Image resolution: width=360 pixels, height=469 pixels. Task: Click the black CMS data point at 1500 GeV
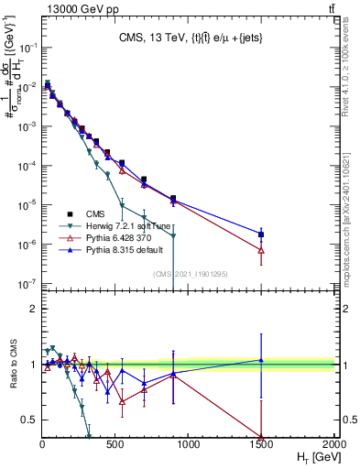pos(261,234)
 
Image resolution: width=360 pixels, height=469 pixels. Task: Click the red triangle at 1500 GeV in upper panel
pos(261,250)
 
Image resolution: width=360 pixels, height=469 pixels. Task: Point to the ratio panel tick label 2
pos(32,309)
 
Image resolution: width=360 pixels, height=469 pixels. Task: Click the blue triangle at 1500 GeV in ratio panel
pos(261,360)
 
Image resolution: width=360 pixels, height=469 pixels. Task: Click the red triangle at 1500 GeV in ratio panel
pos(261,437)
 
